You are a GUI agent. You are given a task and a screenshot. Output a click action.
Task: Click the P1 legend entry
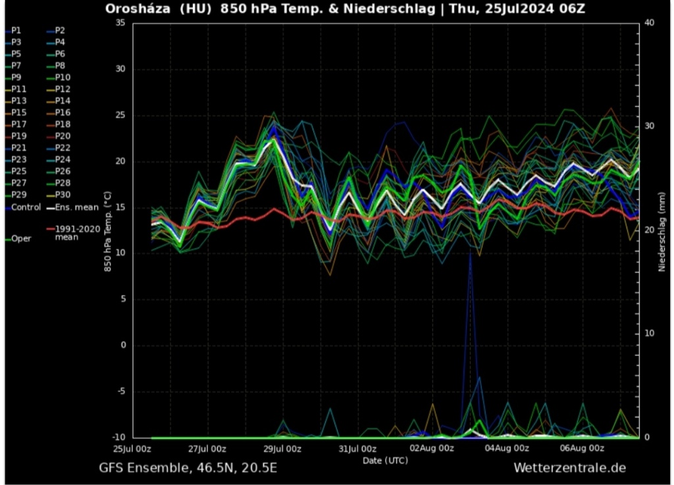(16, 30)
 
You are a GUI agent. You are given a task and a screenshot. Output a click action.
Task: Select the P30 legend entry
(62, 195)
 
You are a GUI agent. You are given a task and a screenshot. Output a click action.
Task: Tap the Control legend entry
(24, 207)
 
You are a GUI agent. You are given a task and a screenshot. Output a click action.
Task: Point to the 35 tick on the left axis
(120, 22)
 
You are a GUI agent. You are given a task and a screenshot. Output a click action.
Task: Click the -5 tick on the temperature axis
(120, 391)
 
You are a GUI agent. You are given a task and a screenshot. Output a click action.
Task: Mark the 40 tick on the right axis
(648, 22)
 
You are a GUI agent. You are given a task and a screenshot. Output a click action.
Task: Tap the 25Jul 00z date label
(133, 449)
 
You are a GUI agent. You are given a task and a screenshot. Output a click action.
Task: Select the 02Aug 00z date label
(432, 449)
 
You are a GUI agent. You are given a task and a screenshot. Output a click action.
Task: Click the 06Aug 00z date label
(581, 449)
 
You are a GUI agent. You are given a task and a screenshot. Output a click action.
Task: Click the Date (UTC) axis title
(385, 460)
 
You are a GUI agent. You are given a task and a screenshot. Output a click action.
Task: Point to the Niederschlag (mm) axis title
(661, 229)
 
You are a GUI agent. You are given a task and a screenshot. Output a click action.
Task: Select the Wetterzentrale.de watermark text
(569, 468)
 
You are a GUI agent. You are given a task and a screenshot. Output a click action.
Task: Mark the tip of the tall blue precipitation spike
(470, 253)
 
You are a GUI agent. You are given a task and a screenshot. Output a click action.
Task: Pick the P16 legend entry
(62, 113)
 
